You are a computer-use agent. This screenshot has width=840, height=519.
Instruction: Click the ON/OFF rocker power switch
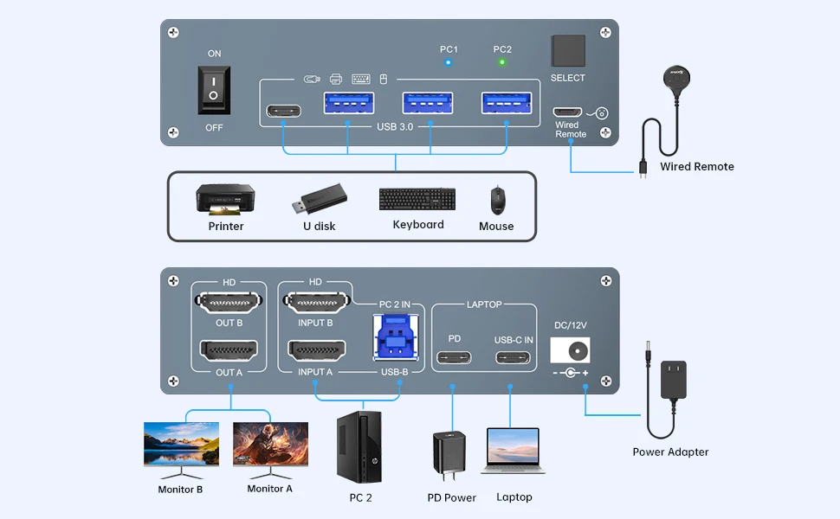pyautogui.click(x=214, y=90)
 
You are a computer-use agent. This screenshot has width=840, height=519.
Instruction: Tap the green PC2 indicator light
pyautogui.click(x=502, y=62)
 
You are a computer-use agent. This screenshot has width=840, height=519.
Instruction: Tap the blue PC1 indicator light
pyautogui.click(x=449, y=62)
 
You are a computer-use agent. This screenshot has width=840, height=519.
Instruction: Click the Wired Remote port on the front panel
pyautogui.click(x=569, y=112)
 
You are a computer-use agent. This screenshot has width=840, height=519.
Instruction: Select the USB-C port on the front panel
pyautogui.click(x=285, y=112)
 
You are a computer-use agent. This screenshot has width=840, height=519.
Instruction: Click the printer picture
pyautogui.click(x=225, y=199)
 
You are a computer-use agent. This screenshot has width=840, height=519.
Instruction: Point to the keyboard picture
pyautogui.click(x=417, y=199)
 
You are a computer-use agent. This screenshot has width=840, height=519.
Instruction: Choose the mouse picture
pyautogui.click(x=497, y=200)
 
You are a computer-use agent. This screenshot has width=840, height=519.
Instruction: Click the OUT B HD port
pyautogui.click(x=229, y=303)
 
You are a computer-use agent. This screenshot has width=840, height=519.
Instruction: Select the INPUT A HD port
pyautogui.click(x=316, y=351)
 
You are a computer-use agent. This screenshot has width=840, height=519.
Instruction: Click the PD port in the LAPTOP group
pyautogui.click(x=454, y=357)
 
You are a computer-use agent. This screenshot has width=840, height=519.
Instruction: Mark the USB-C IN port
pyautogui.click(x=514, y=357)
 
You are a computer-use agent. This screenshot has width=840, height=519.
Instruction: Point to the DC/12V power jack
pyautogui.click(x=570, y=349)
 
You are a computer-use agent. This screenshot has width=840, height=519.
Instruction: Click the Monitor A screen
pyautogui.click(x=270, y=445)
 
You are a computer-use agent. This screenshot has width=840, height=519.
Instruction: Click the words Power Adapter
pyautogui.click(x=670, y=452)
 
